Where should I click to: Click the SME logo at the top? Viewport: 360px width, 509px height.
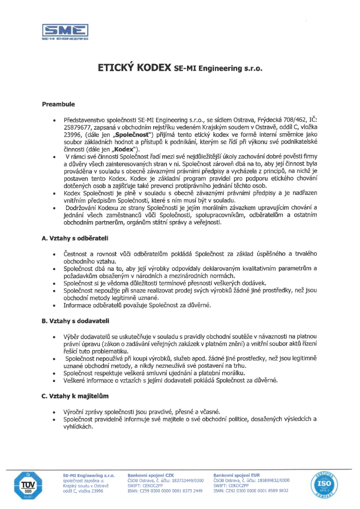click(x=65, y=31)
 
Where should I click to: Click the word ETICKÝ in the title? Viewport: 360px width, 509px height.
click(x=118, y=68)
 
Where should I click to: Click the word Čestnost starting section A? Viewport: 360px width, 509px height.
click(x=76, y=254)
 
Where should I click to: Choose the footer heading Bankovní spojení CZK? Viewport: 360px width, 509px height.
click(x=151, y=476)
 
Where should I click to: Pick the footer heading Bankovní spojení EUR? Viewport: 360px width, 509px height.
click(x=236, y=476)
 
